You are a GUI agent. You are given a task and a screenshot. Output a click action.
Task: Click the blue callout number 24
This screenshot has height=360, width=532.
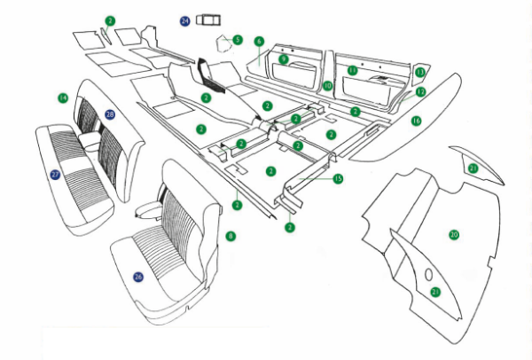185,20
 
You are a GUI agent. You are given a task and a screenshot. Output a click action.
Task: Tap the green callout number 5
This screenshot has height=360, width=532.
238,40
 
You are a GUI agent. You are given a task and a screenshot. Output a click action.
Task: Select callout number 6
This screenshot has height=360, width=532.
259,42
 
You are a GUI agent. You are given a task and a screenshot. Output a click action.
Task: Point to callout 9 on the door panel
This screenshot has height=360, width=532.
284,59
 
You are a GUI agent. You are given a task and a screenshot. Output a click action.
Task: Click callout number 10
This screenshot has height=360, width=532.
327,86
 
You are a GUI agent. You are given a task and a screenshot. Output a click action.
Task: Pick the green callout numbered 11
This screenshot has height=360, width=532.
352,70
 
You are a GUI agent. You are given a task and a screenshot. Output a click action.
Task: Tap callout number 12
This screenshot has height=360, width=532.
420,90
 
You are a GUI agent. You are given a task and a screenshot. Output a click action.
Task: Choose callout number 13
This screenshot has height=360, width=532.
419,72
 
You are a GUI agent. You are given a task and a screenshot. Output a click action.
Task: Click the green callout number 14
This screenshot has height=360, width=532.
63,97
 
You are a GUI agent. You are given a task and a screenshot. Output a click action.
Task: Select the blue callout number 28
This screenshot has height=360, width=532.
109,114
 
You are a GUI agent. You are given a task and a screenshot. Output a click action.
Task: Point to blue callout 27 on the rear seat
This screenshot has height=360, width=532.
55,175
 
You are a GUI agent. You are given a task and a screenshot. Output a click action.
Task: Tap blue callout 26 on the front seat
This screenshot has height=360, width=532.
138,277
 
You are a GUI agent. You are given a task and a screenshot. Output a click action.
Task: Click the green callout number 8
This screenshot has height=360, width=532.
231,236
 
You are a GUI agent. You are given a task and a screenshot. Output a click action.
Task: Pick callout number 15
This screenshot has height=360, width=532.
338,178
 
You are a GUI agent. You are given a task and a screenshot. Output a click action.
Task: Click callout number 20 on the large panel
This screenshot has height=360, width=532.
454,235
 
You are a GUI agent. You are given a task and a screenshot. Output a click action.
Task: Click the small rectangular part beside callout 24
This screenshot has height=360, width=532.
209,20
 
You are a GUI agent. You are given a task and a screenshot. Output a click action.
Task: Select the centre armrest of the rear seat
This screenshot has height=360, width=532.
90,139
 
